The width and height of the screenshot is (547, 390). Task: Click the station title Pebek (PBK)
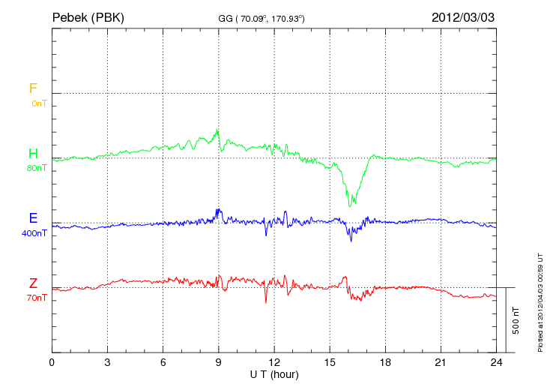click(88, 16)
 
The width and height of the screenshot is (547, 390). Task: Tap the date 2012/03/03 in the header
click(462, 16)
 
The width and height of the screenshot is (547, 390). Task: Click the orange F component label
click(33, 88)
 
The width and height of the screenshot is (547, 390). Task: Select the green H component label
click(33, 154)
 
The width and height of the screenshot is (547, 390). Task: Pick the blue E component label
click(33, 219)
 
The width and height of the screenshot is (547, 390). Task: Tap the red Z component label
click(33, 283)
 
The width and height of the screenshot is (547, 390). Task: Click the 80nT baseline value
click(37, 168)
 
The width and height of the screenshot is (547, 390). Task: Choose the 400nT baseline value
click(34, 233)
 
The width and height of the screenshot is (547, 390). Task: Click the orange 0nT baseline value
click(39, 103)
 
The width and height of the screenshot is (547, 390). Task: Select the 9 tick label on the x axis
click(219, 362)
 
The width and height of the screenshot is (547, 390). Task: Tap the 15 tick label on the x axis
click(330, 362)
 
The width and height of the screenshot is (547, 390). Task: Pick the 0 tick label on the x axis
click(52, 362)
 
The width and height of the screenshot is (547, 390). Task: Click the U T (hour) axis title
click(274, 373)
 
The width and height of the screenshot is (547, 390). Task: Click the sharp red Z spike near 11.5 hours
click(266, 302)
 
